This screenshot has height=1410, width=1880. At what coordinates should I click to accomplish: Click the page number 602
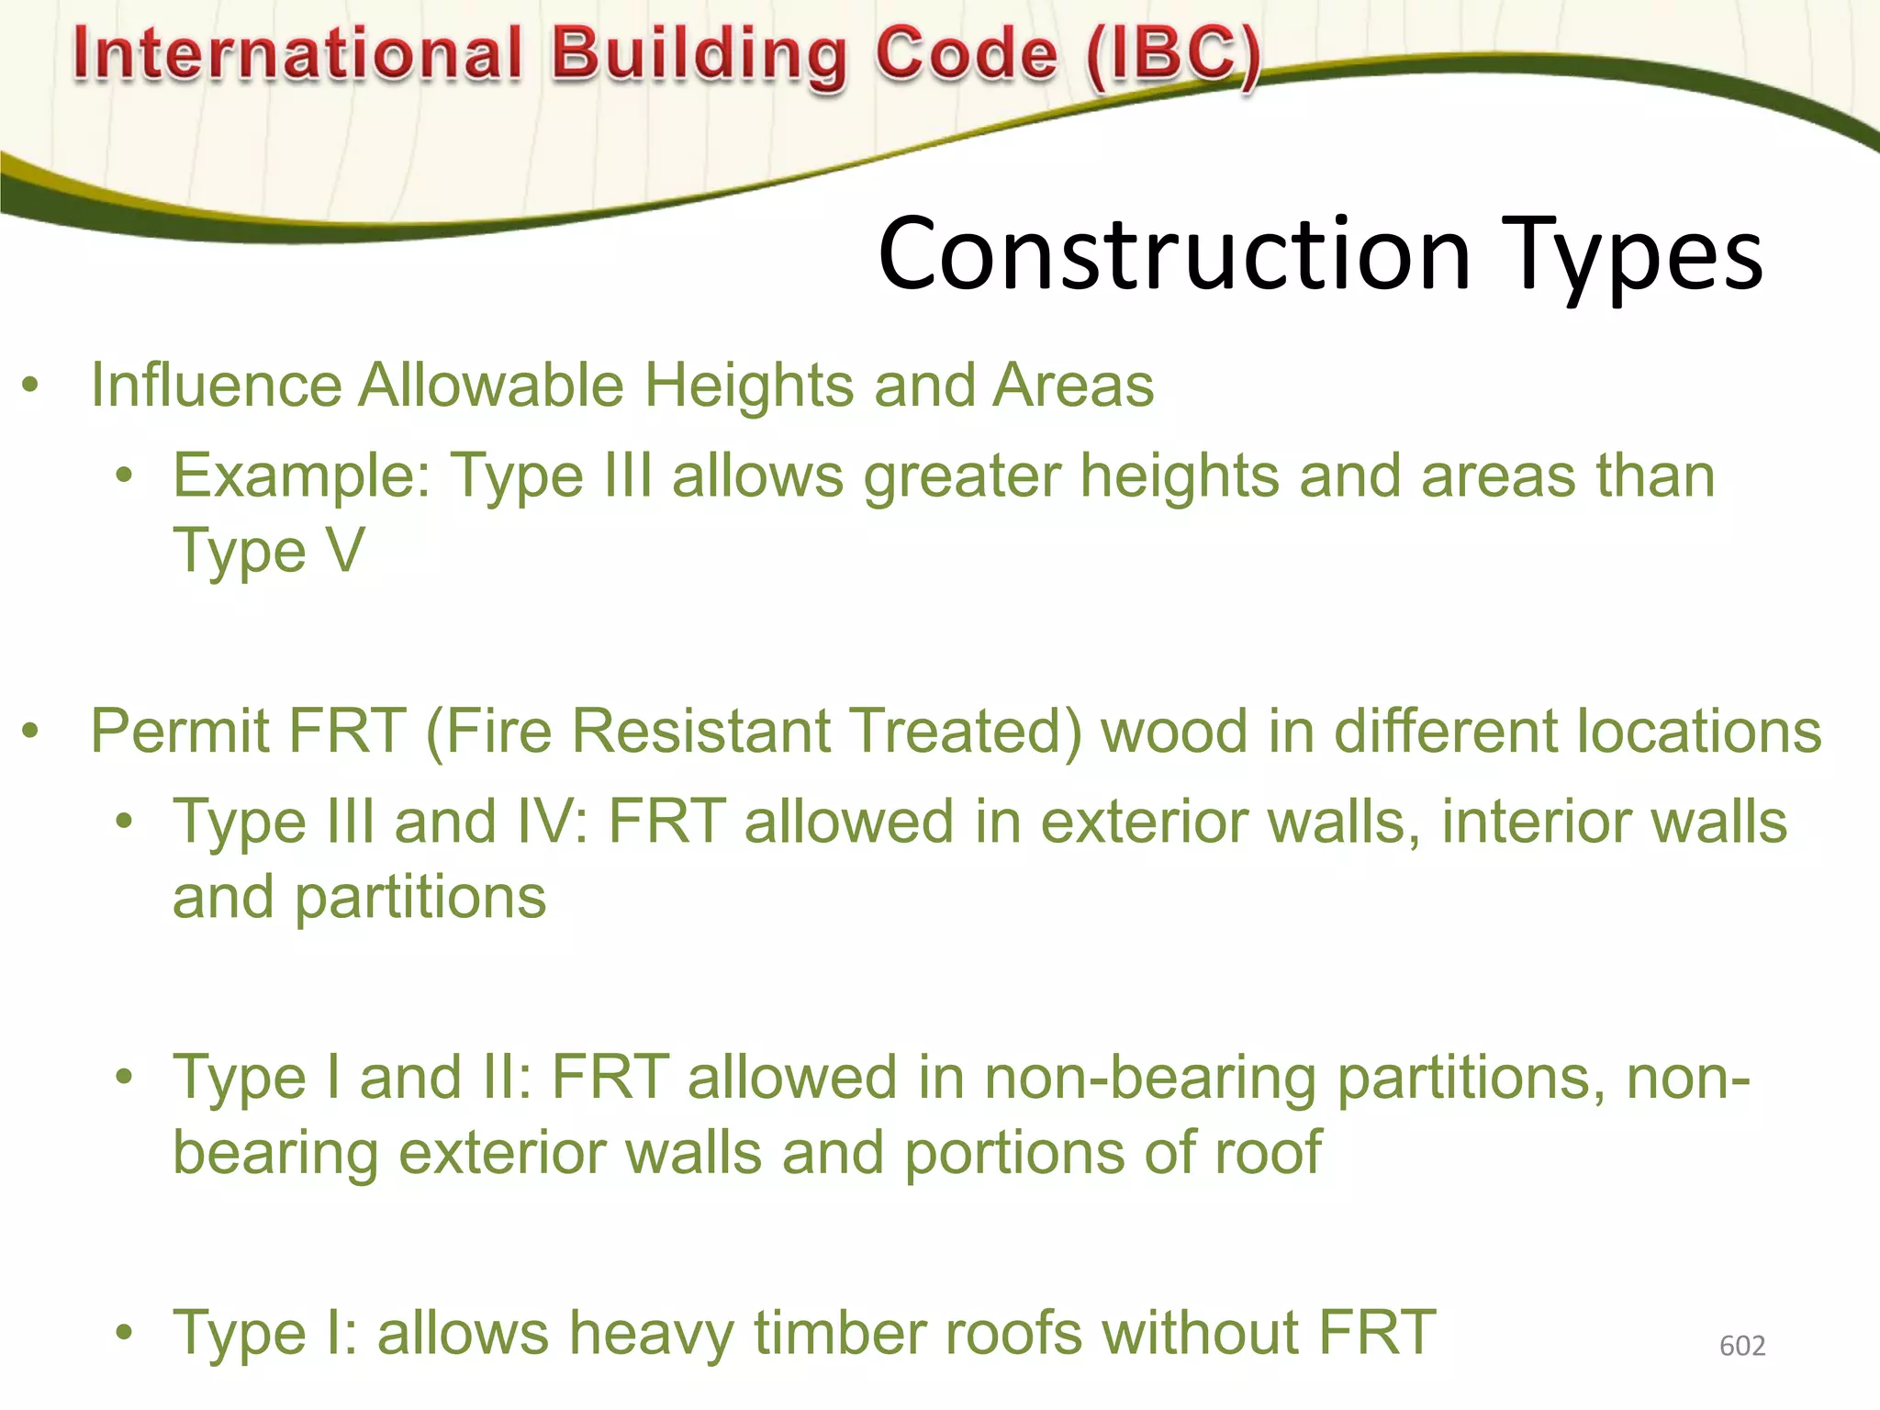[x=1741, y=1346]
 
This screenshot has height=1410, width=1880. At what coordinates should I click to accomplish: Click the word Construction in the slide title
[x=1174, y=254]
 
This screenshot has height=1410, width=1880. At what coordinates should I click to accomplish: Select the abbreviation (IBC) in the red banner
[x=1173, y=56]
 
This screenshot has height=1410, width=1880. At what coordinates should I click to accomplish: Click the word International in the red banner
[x=297, y=52]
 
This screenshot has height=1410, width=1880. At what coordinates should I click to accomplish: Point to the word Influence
[x=216, y=385]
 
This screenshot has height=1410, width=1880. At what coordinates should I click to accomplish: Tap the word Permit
[x=180, y=732]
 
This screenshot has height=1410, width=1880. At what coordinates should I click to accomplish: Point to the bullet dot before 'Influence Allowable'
[x=31, y=385]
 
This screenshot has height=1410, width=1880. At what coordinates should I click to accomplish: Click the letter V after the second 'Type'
[x=346, y=551]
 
